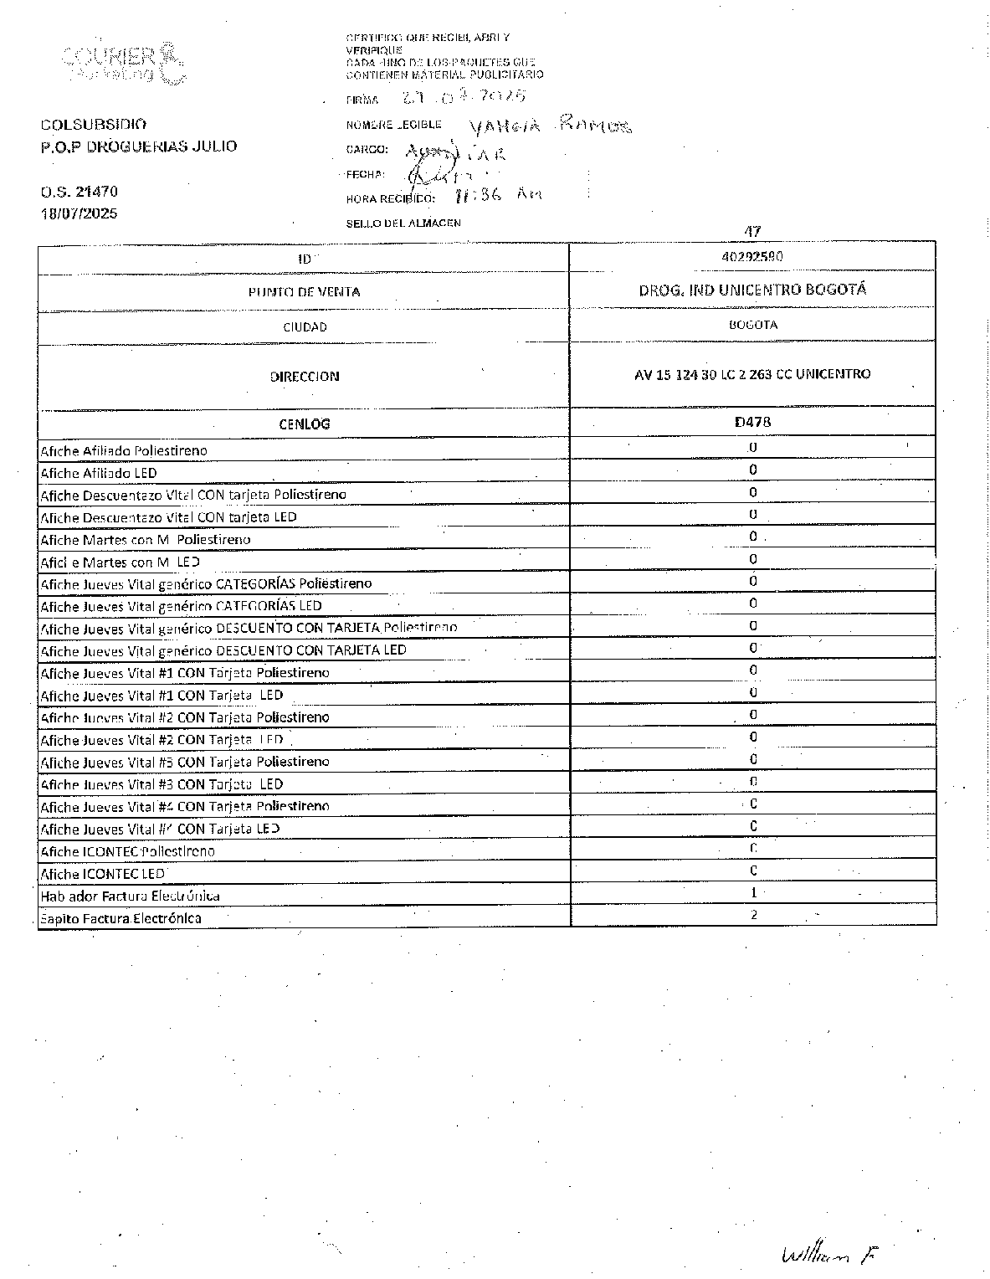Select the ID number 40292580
pos(752,257)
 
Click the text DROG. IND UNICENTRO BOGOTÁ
pos(752,290)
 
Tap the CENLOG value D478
pos(752,423)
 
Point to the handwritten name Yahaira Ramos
pos(550,126)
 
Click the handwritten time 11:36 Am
pos(496,195)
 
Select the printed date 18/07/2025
pos(80,213)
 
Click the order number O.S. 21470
pos(80,192)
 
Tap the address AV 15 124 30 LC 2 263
pos(752,374)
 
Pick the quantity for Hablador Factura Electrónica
pos(753,893)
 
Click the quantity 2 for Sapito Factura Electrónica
pos(753,915)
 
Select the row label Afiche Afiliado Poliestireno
pos(124,451)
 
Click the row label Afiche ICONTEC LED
pos(103,874)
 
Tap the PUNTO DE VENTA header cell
pos(304,292)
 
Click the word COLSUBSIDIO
pos(94,125)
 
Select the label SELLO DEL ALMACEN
pos(403,223)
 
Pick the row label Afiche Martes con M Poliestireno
pos(146,540)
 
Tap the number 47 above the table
pos(752,232)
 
